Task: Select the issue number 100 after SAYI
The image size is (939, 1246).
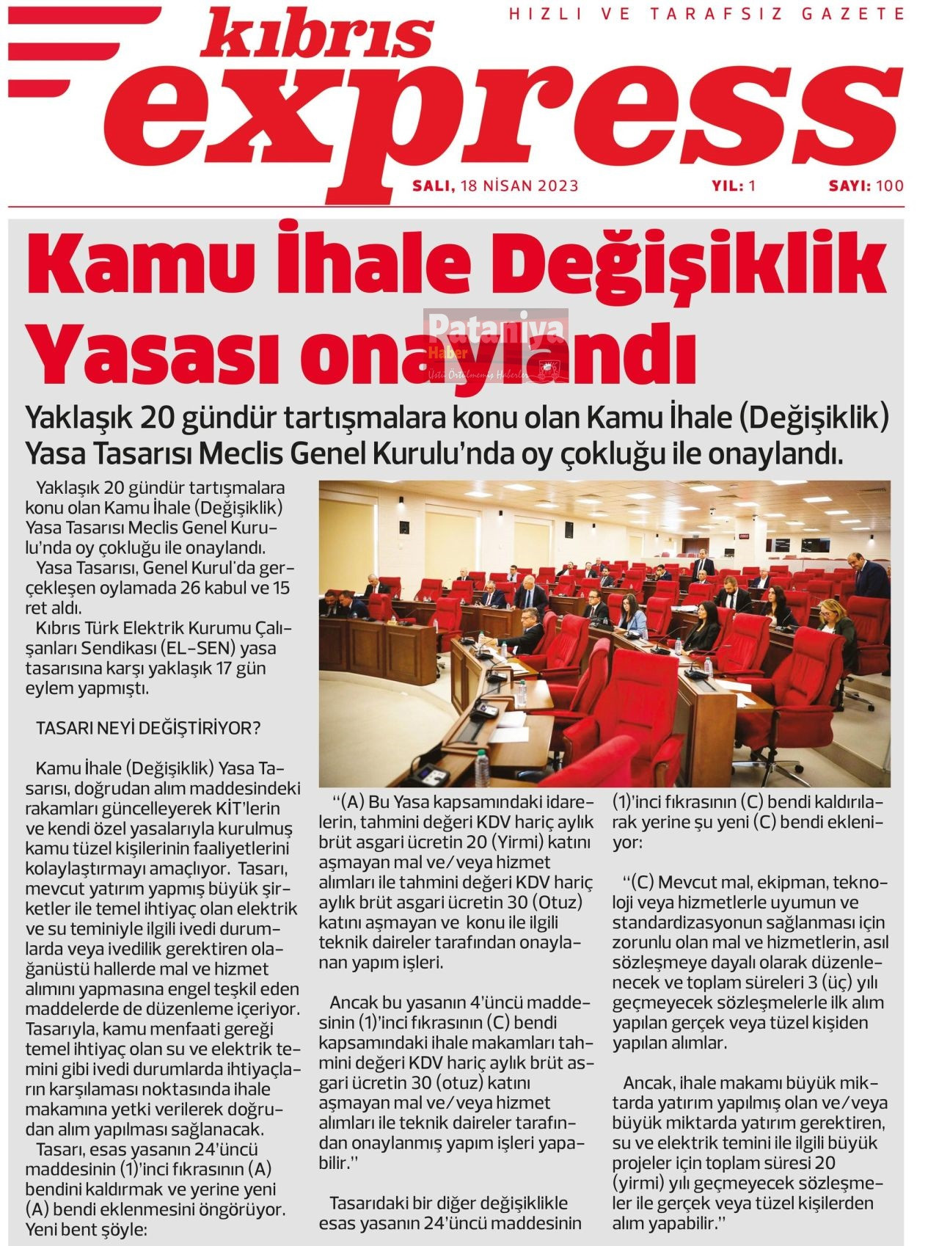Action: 889,186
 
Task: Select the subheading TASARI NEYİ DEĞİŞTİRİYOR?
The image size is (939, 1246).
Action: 148,729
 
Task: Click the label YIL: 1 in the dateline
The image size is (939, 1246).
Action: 733,186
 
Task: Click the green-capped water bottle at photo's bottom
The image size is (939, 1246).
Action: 482,768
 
